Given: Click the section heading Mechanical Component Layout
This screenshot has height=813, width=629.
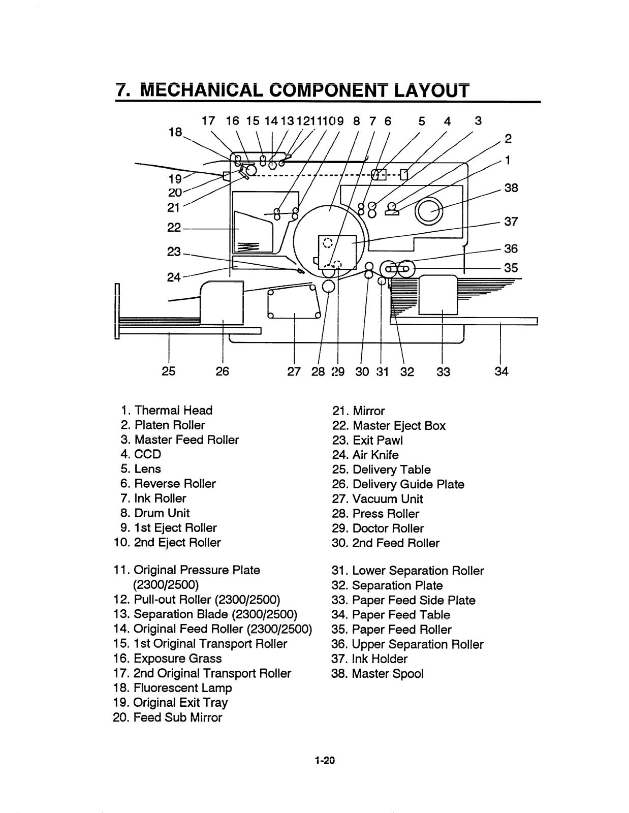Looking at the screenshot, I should coord(292,90).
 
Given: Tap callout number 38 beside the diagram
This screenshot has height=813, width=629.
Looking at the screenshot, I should coord(511,188).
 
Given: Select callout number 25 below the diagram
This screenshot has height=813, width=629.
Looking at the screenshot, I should coord(169,371).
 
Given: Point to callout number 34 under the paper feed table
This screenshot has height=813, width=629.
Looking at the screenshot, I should coord(501,371).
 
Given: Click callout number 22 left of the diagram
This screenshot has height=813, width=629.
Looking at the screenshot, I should coord(174,228).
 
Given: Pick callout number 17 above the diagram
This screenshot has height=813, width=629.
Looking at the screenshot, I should coord(208,121).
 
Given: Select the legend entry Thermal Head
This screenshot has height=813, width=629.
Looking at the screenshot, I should coord(167,411).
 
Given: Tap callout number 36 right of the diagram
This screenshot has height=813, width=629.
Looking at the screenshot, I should coord(511,248).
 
